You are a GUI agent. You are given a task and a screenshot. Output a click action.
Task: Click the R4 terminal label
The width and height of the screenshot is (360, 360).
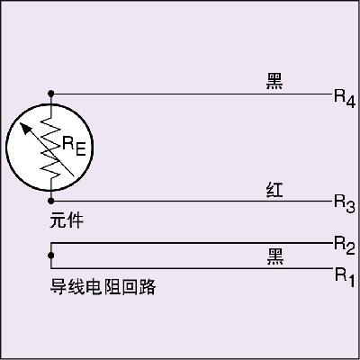[x=345, y=98]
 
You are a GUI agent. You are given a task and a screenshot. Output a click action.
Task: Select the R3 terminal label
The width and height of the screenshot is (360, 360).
[x=345, y=203]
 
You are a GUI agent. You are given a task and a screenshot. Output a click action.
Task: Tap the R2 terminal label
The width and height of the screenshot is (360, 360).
[x=345, y=245]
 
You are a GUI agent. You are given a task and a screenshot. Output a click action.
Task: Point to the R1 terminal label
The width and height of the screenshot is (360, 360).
[x=345, y=277]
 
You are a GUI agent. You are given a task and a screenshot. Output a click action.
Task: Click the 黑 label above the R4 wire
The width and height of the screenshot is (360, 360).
[x=274, y=81]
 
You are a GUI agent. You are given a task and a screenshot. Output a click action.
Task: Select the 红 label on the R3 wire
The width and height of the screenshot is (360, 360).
[x=274, y=190]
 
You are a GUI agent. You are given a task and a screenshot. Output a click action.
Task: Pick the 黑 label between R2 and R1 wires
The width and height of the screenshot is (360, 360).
[x=275, y=256]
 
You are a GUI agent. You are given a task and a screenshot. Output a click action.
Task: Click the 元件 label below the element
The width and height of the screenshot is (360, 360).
[x=67, y=220]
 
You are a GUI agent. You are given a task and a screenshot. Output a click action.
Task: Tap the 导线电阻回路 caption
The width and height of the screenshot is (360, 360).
[x=103, y=287]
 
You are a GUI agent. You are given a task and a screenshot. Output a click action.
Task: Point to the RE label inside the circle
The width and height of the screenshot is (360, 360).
[x=74, y=146]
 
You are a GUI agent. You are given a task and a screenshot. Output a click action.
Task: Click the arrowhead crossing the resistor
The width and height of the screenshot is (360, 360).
[x=25, y=129]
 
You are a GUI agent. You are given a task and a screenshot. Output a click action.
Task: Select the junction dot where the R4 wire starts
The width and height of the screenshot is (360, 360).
[x=51, y=94]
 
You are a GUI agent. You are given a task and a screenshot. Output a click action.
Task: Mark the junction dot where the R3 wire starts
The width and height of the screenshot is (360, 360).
[x=51, y=201]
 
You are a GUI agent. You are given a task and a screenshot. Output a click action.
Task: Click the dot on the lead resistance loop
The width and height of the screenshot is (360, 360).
[x=51, y=256]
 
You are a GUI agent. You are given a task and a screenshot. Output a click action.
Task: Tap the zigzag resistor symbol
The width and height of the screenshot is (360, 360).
[x=51, y=148]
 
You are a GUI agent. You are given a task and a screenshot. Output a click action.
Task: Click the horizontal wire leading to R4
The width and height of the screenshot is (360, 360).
[x=191, y=94]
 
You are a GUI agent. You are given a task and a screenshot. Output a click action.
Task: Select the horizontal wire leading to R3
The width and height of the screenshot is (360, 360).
[x=191, y=201]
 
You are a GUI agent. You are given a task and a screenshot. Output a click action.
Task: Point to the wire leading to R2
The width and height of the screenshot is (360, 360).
[x=191, y=243]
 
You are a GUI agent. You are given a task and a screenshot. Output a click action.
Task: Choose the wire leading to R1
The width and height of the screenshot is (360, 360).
[x=191, y=268]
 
